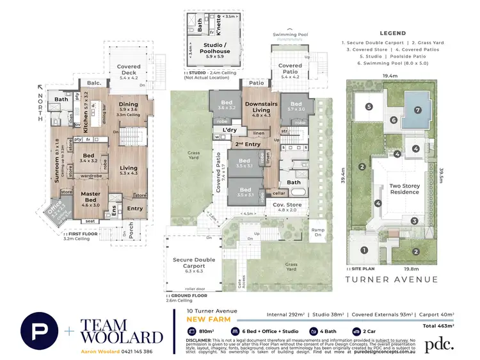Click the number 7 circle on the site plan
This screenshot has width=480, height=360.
click(417, 109)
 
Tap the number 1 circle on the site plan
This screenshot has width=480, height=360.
click(365, 250)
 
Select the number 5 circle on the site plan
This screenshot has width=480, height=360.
click(369, 107)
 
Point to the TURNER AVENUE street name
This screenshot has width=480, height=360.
click(392, 279)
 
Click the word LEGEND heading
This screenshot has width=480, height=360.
click(392, 33)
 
